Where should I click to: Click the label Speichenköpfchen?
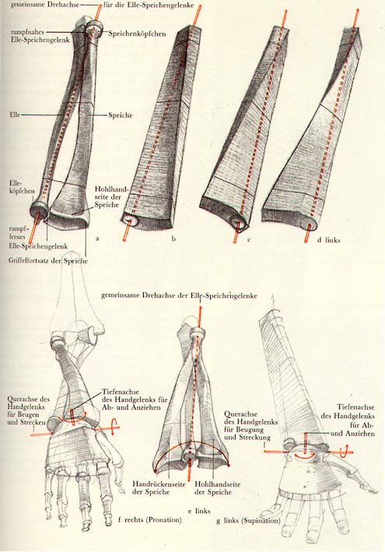pyautogui.click(x=137, y=33)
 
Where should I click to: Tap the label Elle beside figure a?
pyautogui.click(x=15, y=114)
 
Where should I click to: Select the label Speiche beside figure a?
pyautogui.click(x=120, y=115)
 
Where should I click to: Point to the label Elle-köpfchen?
pyautogui.click(x=23, y=187)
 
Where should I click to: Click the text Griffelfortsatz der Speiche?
pyautogui.click(x=48, y=261)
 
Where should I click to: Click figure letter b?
pyautogui.click(x=173, y=239)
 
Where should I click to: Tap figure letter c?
pyautogui.click(x=249, y=240)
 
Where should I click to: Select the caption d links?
pyautogui.click(x=328, y=239)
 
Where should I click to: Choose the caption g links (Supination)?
pyautogui.click(x=248, y=520)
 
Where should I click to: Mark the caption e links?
pyautogui.click(x=199, y=510)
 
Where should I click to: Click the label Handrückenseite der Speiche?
pyautogui.click(x=159, y=488)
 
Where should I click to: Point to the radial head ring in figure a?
pyautogui.click(x=94, y=29)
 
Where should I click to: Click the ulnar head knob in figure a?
pyautogui.click(x=40, y=211)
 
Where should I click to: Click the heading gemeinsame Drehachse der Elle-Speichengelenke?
pyautogui.click(x=179, y=295)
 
